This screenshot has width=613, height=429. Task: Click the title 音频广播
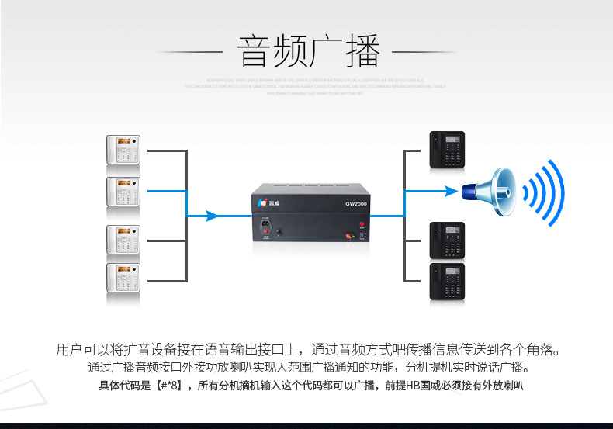click(308, 52)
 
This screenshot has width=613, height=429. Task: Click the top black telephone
click(448, 150)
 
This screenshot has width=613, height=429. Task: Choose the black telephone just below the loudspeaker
click(448, 240)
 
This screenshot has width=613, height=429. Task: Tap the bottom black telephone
click(448, 281)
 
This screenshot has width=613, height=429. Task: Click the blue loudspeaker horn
click(490, 190)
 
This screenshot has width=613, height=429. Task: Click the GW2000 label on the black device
click(356, 205)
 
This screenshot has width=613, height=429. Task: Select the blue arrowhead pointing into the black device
click(211, 216)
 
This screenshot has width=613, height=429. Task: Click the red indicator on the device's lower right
click(362, 225)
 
